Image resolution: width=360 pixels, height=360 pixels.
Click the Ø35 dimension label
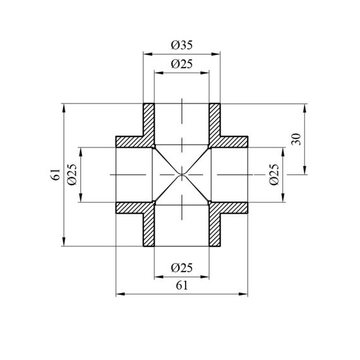pyautogui.click(x=182, y=45)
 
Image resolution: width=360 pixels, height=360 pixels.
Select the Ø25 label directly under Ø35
pyautogui.click(x=182, y=64)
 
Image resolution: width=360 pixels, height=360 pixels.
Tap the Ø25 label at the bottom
pyautogui.click(x=182, y=268)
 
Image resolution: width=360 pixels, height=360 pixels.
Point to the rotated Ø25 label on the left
pyautogui.click(x=72, y=175)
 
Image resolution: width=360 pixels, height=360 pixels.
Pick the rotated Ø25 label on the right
pyautogui.click(x=274, y=175)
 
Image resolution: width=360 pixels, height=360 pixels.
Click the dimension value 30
pyautogui.click(x=296, y=139)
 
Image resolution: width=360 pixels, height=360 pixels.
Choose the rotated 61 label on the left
pyautogui.click(x=56, y=175)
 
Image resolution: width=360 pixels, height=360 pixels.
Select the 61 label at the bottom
pyautogui.click(x=182, y=285)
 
